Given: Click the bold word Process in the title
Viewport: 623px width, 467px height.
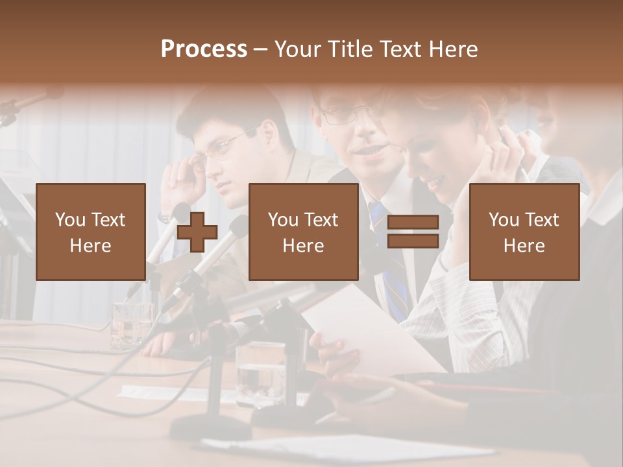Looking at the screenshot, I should [x=204, y=49].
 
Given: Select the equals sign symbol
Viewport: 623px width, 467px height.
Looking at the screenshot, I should [x=413, y=232].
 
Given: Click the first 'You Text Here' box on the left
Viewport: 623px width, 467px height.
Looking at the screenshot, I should [x=90, y=232].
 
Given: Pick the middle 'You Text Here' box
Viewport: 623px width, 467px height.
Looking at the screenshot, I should [x=303, y=232].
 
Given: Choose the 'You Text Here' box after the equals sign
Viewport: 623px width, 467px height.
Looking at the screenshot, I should [x=524, y=232].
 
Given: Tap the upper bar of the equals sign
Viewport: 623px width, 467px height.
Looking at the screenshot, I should [x=413, y=222].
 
